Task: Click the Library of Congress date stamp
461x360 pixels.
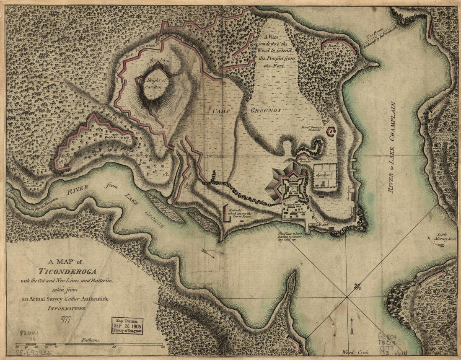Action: click(x=127, y=325)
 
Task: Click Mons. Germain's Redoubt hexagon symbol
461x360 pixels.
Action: click(x=331, y=132)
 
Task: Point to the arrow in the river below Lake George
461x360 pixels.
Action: click(x=208, y=252)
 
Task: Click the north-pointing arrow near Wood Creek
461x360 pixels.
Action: click(x=352, y=326)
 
